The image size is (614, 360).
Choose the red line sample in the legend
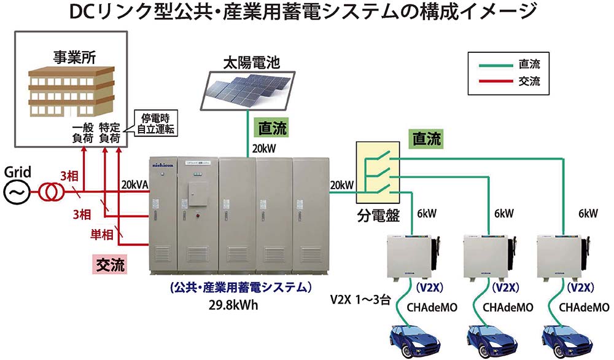click(x=493, y=81)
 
